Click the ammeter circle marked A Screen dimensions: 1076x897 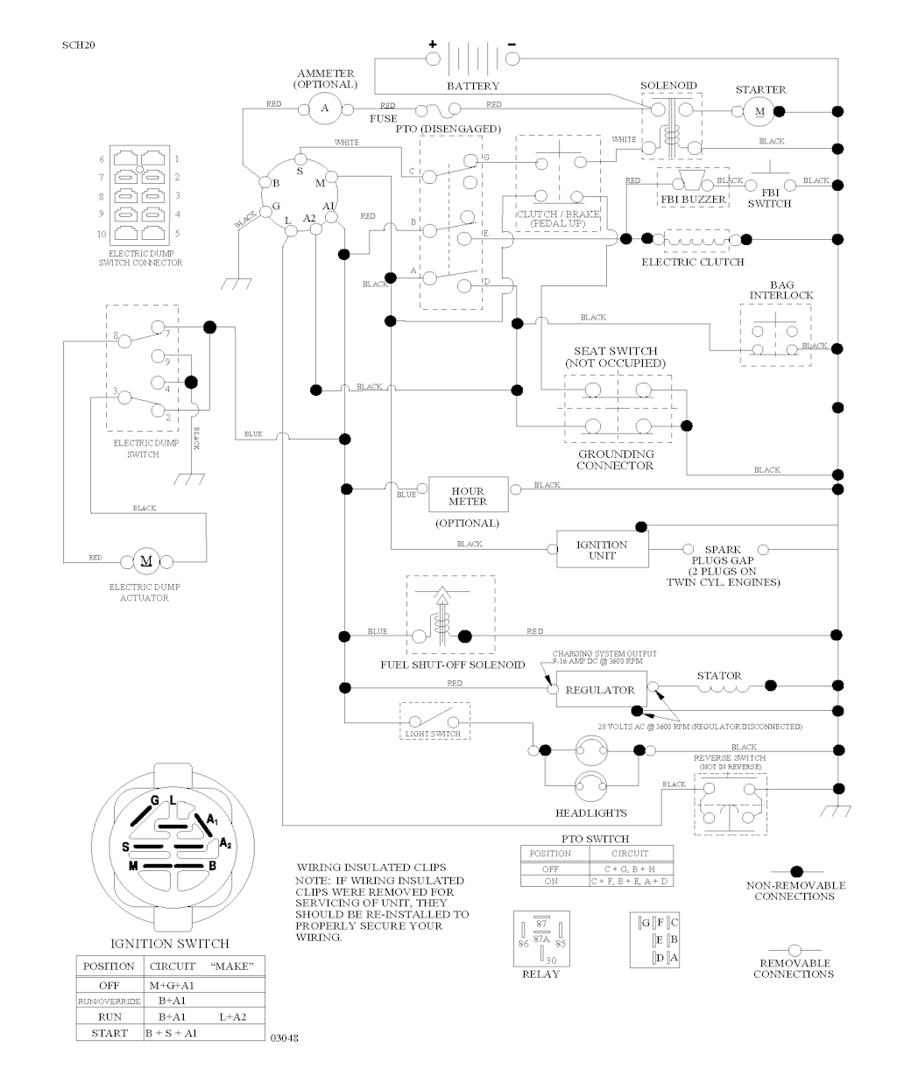325,109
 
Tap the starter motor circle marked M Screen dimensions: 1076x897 759,110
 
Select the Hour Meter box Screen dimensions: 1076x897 468,496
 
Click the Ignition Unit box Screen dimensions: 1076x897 602,550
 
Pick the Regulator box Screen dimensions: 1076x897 600,690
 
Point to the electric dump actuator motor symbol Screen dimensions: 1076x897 145,560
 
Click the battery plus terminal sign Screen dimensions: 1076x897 432,44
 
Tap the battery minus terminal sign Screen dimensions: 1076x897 512,44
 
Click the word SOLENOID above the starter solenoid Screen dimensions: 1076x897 668,86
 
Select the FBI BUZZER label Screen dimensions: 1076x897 692,200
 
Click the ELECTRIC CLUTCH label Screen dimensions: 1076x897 692,262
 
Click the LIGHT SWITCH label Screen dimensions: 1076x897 433,734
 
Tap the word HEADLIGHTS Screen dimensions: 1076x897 591,812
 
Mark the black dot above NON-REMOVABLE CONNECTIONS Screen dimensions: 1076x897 796,871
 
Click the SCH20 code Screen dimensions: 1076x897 79,45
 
